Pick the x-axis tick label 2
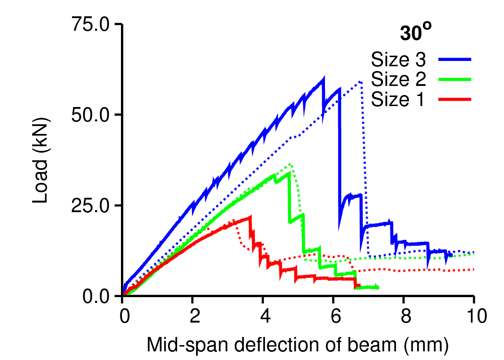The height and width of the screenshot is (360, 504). pyautogui.click(x=193, y=316)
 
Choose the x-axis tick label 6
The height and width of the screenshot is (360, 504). pyautogui.click(x=334, y=316)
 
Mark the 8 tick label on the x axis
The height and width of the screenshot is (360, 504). pyautogui.click(x=404, y=316)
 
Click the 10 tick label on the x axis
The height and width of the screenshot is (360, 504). pyautogui.click(x=474, y=316)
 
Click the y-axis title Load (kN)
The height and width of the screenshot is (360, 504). pyautogui.click(x=41, y=160)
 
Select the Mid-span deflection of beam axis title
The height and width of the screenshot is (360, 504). pyautogui.click(x=298, y=345)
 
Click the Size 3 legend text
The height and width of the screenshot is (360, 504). pyautogui.click(x=398, y=60)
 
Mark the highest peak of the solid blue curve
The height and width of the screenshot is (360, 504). pyautogui.click(x=324, y=78)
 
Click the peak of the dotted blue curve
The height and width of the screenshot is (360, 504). pyautogui.click(x=360, y=82)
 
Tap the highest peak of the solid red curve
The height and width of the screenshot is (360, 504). pyautogui.click(x=250, y=217)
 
